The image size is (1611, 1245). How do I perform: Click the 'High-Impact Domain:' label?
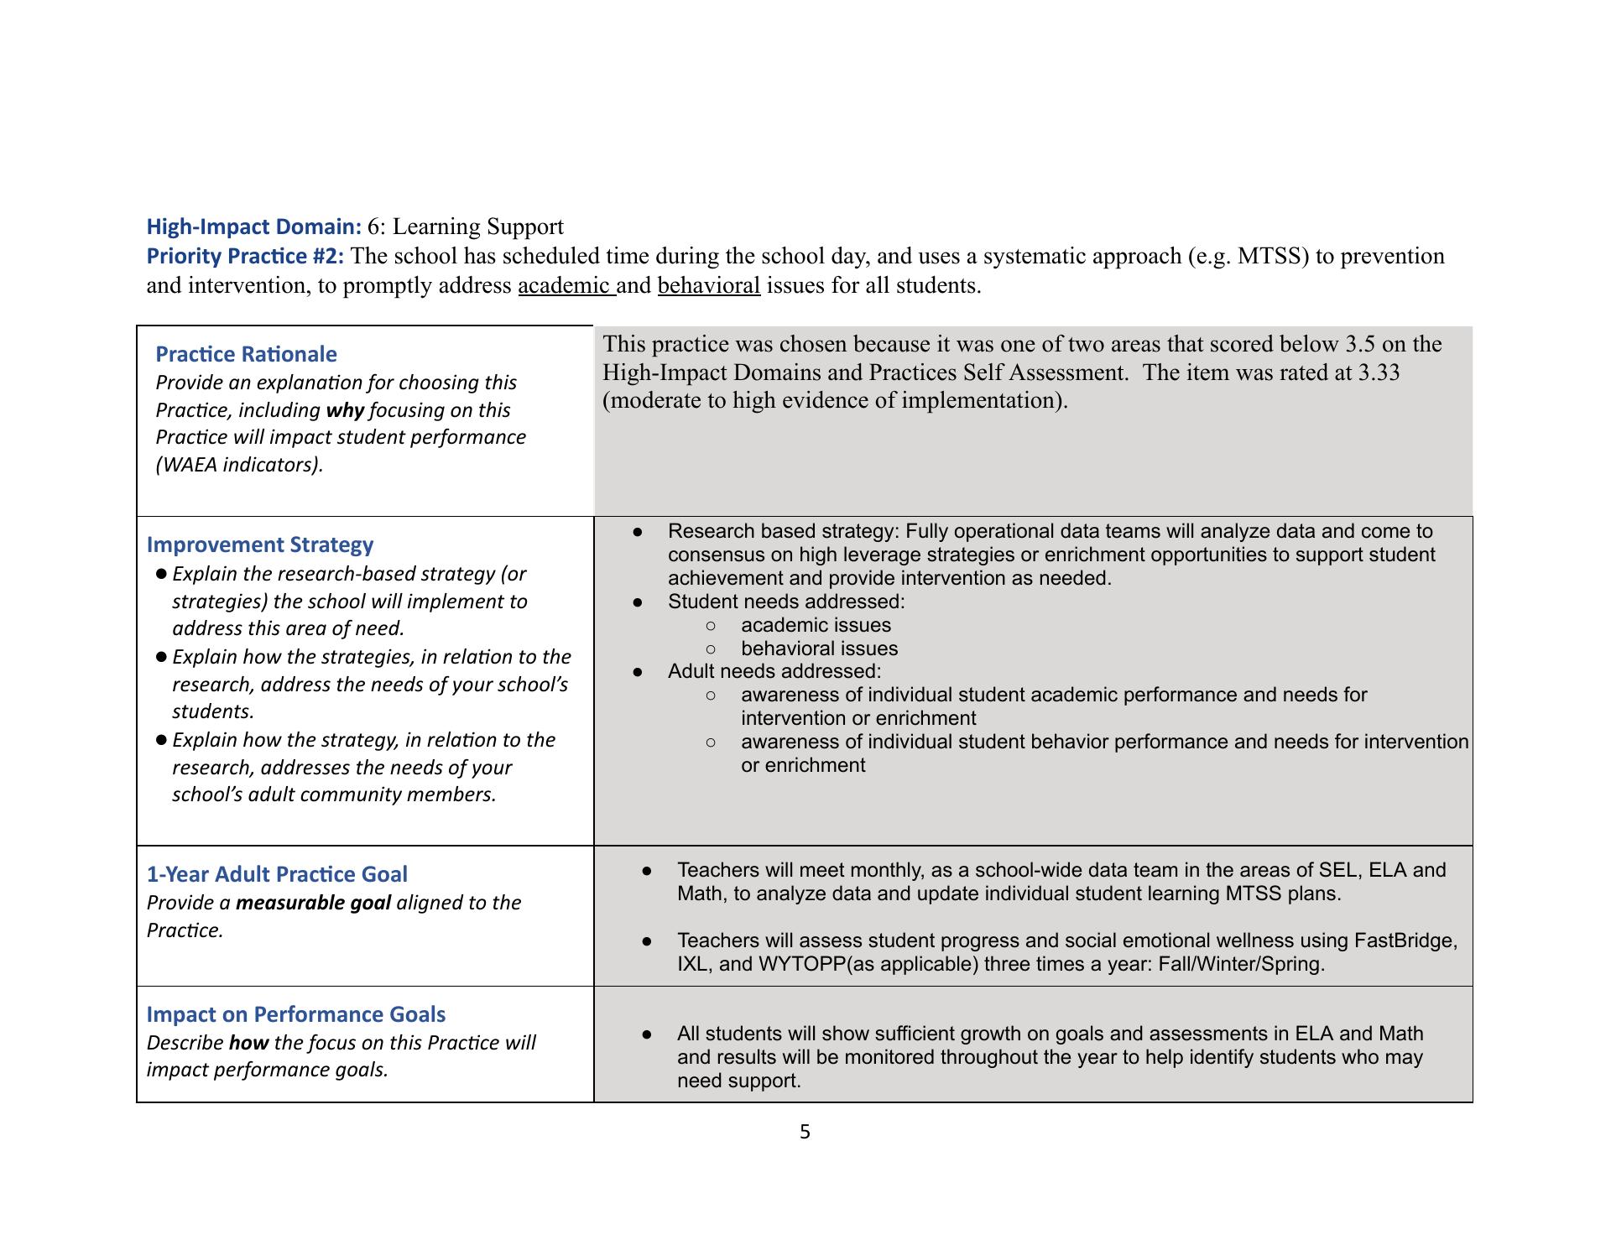click(254, 227)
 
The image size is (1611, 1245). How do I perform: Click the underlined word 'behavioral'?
click(709, 285)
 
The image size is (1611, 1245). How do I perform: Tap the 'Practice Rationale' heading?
click(246, 354)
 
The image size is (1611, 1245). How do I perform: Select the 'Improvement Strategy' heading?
click(260, 544)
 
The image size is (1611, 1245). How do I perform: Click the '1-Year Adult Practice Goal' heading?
click(277, 874)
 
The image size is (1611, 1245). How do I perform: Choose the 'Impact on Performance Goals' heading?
click(295, 1014)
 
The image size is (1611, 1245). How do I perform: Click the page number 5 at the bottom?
click(805, 1133)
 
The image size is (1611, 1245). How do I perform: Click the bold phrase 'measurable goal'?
click(313, 903)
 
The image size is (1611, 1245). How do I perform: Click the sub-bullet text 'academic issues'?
click(816, 625)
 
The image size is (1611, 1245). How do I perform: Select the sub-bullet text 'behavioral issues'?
click(819, 649)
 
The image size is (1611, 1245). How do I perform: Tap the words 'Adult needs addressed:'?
click(774, 671)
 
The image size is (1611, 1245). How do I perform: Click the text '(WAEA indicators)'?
click(239, 465)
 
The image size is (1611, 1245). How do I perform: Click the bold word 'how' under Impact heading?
click(248, 1043)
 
